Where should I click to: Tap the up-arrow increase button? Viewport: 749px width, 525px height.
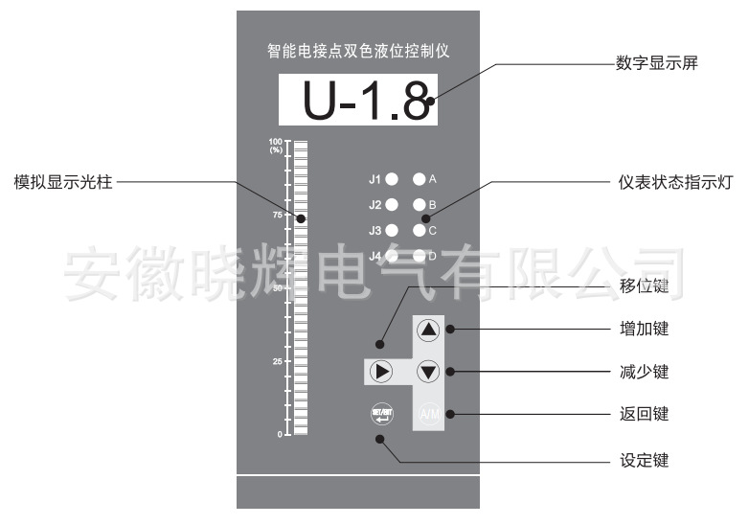(428, 331)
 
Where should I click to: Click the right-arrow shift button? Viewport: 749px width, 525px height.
(382, 371)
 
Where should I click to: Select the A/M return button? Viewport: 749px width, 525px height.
(428, 414)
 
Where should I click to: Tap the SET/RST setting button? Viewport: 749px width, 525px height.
(382, 414)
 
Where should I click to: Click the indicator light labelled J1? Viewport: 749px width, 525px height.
(392, 179)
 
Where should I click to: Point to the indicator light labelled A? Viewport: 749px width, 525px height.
(419, 179)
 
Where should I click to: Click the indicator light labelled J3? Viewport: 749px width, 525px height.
(392, 230)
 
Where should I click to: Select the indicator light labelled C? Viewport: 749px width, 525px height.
(419, 230)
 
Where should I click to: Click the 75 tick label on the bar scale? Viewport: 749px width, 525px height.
(277, 215)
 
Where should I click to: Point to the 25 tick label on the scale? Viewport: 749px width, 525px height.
(277, 362)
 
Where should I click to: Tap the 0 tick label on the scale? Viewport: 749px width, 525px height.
(280, 435)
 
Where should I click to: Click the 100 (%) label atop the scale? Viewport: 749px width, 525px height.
(276, 146)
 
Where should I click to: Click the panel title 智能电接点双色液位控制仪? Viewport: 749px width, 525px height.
(357, 52)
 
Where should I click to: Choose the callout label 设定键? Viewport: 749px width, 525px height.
(644, 460)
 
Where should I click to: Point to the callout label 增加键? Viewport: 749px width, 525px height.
(644, 329)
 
